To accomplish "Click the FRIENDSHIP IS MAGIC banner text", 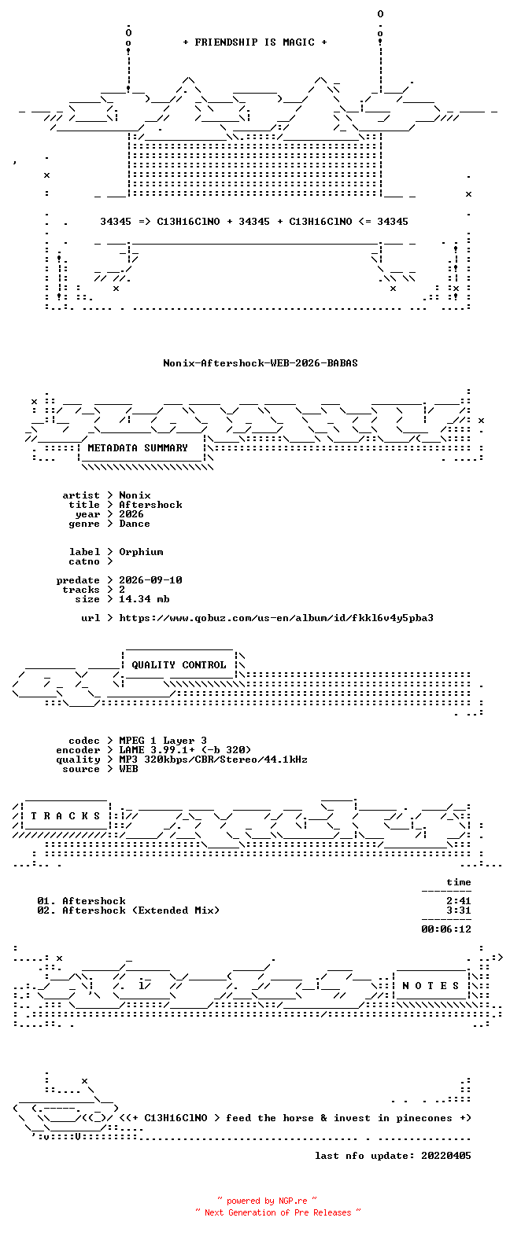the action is click(255, 42).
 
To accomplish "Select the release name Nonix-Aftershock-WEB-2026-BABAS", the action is click(261, 363).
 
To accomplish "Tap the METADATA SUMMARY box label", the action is click(138, 448).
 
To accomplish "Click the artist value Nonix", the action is click(135, 495).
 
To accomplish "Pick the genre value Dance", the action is click(135, 524).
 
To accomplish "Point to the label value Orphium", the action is click(141, 552).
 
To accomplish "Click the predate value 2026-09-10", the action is click(150, 580).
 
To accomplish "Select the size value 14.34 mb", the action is click(144, 599).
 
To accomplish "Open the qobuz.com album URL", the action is click(276, 618).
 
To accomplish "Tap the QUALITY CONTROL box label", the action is click(179, 665).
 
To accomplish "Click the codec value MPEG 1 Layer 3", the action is click(163, 741).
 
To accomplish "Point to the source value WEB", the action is click(129, 769).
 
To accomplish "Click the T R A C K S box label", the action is click(66, 816).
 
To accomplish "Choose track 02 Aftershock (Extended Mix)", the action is click(128, 910).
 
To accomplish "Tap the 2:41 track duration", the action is click(459, 901).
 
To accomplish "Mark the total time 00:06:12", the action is click(446, 929).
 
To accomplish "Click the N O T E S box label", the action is click(431, 985).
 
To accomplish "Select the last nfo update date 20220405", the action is click(446, 1156).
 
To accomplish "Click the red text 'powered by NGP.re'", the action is click(267, 1201).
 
